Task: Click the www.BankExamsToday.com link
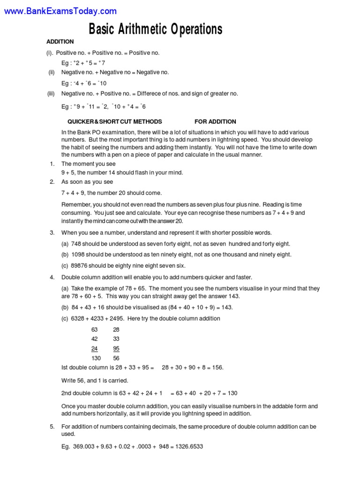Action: tap(60, 11)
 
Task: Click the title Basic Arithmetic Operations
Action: tap(156, 30)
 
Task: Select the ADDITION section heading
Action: tap(60, 42)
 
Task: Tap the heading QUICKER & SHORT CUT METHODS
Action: tap(115, 121)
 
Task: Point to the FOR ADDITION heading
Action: tap(215, 121)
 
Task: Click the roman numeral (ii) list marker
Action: tap(52, 72)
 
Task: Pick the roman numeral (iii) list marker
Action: tap(51, 93)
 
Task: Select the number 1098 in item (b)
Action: tap(78, 255)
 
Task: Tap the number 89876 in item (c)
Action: tap(80, 265)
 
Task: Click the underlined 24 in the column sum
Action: tap(94, 349)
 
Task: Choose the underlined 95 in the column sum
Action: tap(116, 349)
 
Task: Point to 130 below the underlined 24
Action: tap(96, 358)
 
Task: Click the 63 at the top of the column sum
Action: tap(94, 330)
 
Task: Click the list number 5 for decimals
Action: tap(52, 427)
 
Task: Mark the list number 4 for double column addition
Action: tap(52, 277)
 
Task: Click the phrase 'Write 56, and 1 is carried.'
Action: tap(95, 380)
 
